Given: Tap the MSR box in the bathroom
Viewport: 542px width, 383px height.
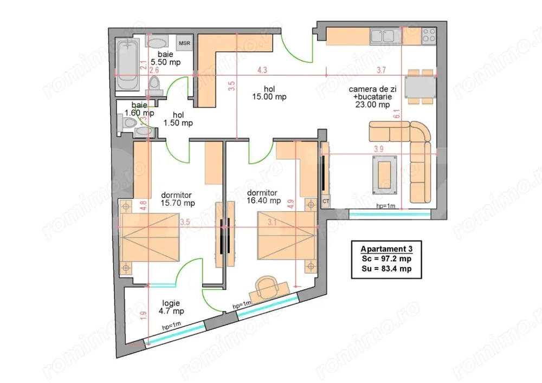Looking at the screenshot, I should [x=185, y=43].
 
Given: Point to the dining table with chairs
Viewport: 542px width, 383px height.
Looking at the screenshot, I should [x=420, y=87].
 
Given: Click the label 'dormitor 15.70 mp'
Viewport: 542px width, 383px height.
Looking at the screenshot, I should [x=177, y=199].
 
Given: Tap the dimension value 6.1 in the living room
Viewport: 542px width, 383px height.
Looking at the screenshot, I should [x=397, y=114].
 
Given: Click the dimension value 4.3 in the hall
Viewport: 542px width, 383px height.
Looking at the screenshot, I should [x=262, y=70].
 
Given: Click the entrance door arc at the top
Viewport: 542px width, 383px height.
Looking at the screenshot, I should [x=299, y=49].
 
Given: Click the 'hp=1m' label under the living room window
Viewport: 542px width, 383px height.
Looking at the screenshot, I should [x=386, y=206].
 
